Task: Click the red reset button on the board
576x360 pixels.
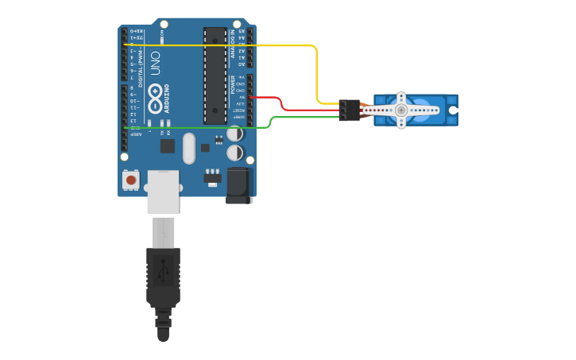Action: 131,181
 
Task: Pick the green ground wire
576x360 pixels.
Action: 199,127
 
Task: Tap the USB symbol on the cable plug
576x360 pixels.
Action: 163,269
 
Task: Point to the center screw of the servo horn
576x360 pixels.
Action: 401,110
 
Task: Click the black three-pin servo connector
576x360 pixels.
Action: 349,110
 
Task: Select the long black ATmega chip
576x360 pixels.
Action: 215,75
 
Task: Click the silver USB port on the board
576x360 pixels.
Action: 163,191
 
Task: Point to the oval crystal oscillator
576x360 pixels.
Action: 188,147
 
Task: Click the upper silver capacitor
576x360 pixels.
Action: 235,134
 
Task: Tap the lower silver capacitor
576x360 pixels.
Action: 235,152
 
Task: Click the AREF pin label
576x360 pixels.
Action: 136,134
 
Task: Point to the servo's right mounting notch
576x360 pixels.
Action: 453,110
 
